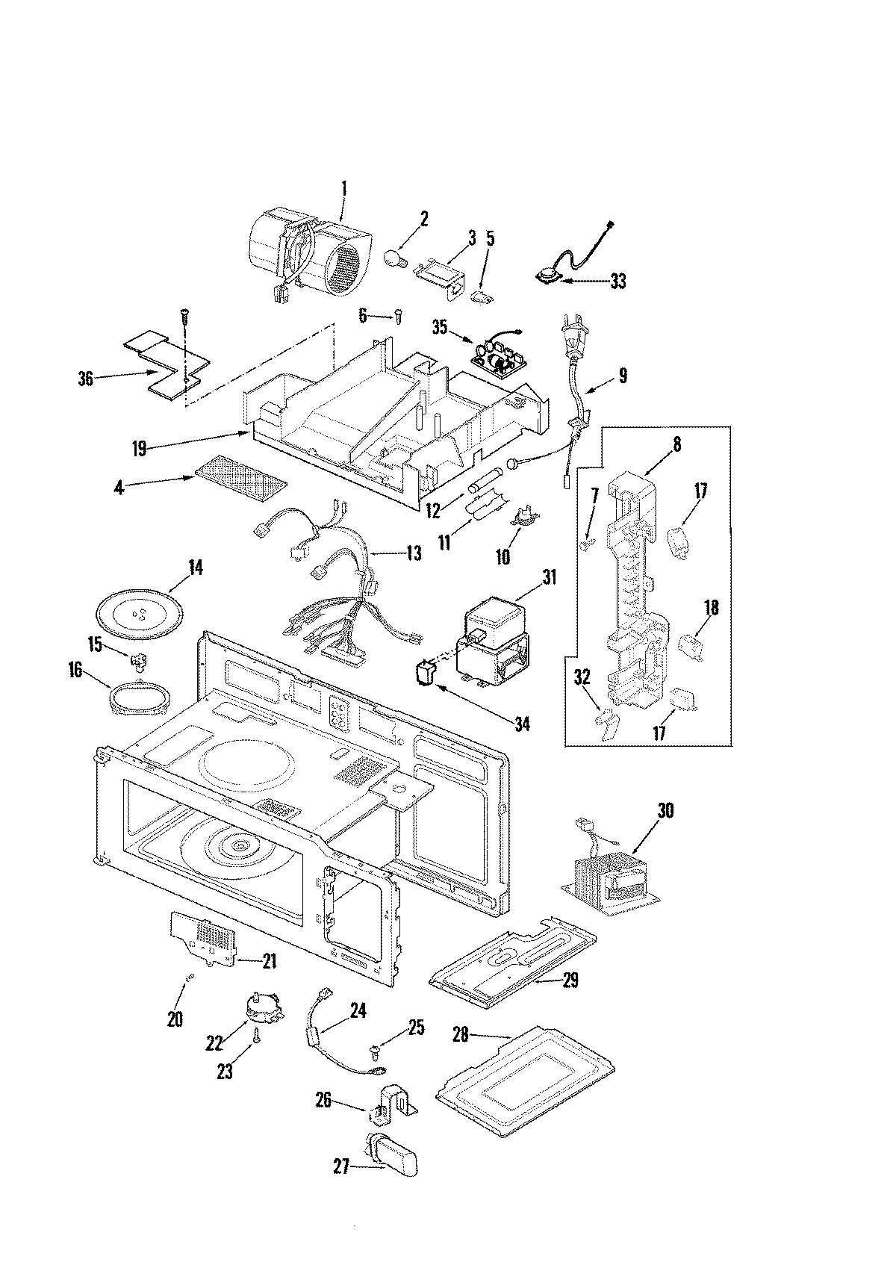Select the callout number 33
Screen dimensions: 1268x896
(x=617, y=282)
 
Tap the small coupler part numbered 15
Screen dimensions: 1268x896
(x=137, y=659)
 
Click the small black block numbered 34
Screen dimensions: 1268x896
(x=427, y=675)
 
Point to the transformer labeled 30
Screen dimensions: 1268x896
(x=607, y=880)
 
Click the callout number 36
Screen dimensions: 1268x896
(x=86, y=379)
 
